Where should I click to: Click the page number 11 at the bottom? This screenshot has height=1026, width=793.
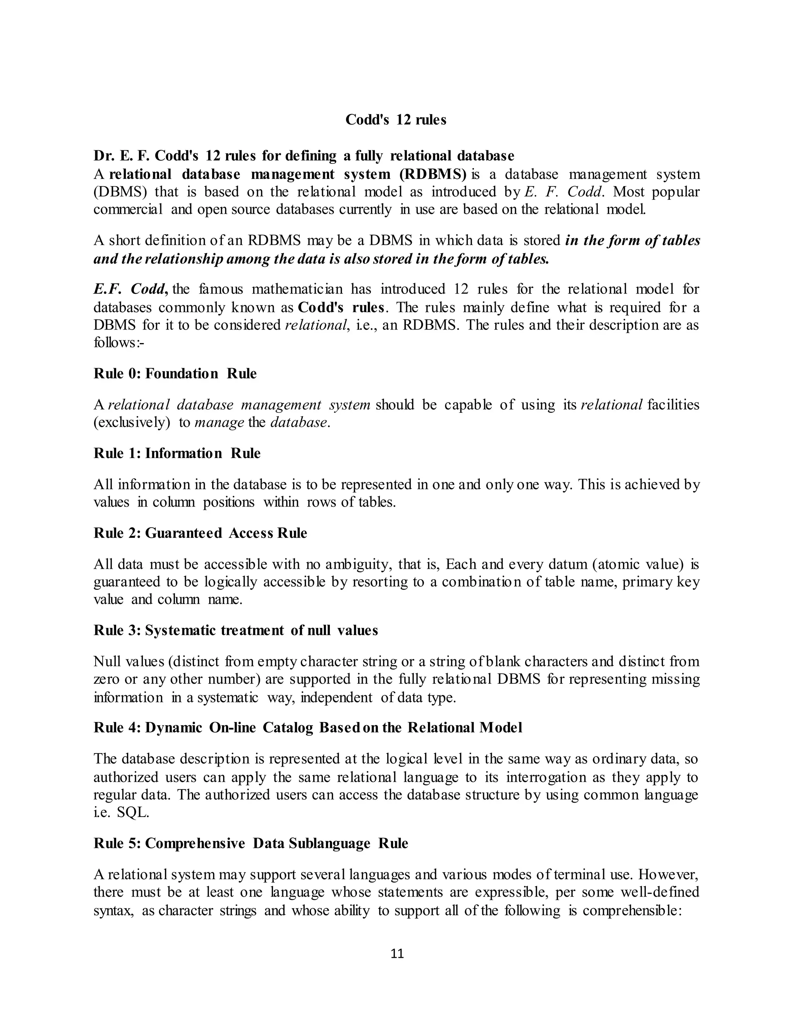[397, 953]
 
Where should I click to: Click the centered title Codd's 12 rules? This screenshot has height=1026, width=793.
[396, 120]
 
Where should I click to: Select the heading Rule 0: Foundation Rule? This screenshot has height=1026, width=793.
[175, 374]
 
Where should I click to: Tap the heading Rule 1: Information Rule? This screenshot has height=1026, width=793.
[177, 453]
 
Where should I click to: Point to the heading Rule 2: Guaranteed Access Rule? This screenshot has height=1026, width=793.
[200, 533]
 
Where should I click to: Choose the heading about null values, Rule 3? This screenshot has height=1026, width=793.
[236, 630]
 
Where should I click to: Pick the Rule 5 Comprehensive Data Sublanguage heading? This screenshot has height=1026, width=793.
[251, 843]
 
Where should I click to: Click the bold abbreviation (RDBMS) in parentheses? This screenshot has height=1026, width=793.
[433, 174]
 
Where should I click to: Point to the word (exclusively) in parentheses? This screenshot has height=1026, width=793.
[132, 422]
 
